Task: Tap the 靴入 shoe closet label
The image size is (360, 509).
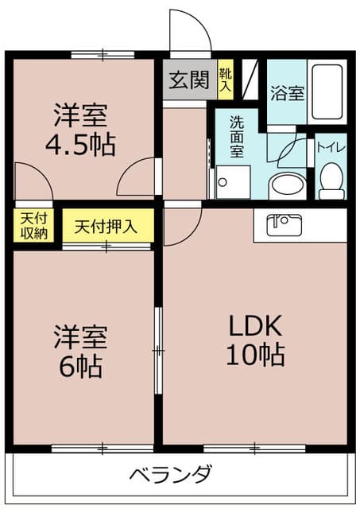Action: (226, 77)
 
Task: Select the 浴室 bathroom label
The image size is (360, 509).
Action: (286, 93)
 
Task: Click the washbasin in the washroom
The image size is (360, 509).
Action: (287, 186)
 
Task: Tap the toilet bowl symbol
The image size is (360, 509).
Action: (331, 180)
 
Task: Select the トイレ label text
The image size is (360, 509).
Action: (331, 146)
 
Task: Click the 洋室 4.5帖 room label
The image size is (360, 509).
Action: (83, 130)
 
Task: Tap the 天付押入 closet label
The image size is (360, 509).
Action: (106, 226)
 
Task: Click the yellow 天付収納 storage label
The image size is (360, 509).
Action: (33, 226)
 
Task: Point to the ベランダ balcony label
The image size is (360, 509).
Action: (171, 475)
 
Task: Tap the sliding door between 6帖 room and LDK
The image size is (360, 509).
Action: (159, 350)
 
